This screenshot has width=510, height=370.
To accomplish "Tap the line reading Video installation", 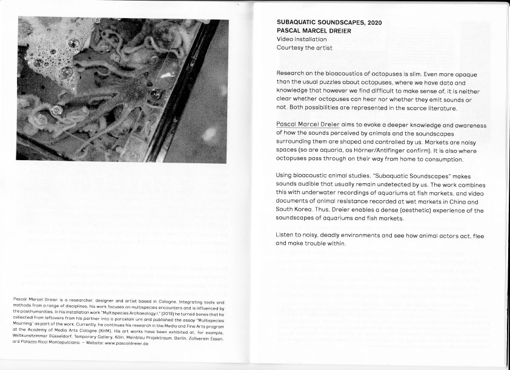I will point(302,39).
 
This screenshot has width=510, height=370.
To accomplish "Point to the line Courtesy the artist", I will point(304,48).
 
